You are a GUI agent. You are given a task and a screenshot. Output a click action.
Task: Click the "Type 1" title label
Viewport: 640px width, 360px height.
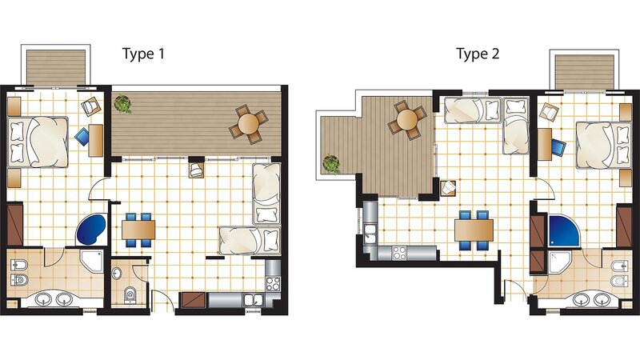[x=144, y=54]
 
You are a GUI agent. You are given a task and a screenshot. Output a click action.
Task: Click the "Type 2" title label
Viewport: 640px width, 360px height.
[x=478, y=54]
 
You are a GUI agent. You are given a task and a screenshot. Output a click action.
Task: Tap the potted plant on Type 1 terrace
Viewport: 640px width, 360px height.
[x=122, y=104]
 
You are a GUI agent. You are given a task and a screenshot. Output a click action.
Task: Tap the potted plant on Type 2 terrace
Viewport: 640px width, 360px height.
[x=331, y=164]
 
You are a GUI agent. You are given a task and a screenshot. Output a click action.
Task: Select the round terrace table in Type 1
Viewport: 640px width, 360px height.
[x=249, y=124]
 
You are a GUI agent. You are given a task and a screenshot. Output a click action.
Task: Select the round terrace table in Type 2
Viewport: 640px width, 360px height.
[x=407, y=119]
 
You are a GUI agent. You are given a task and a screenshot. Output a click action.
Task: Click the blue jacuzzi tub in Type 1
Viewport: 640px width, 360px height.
[x=91, y=230]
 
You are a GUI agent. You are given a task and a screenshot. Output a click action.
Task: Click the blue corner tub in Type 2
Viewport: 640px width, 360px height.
[x=564, y=231]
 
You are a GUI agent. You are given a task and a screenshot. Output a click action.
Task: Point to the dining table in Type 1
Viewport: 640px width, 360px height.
[x=138, y=230]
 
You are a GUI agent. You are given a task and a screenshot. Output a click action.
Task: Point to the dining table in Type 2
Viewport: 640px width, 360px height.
[x=474, y=230]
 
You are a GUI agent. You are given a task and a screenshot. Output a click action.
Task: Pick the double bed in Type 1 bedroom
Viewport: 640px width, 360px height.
[x=38, y=142]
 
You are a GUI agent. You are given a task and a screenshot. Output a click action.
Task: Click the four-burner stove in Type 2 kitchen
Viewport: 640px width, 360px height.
[x=398, y=253]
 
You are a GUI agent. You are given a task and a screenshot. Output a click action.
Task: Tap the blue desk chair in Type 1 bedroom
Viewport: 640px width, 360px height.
[x=83, y=137]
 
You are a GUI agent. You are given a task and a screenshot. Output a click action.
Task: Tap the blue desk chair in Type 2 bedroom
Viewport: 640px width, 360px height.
[x=558, y=147]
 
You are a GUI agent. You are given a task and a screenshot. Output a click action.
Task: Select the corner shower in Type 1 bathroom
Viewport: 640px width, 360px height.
[x=91, y=261]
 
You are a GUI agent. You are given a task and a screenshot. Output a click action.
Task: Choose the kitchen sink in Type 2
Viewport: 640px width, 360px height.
[x=370, y=234]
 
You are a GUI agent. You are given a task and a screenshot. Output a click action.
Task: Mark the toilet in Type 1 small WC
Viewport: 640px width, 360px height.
[x=130, y=294]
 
